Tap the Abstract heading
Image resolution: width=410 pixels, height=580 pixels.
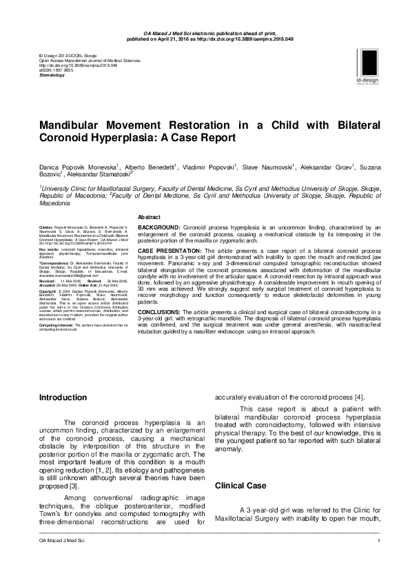pyautogui.click(x=150, y=216)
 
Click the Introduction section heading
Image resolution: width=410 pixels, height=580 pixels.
pyautogui.click(x=63, y=397)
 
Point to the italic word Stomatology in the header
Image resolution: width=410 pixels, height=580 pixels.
pyautogui.click(x=52, y=74)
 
